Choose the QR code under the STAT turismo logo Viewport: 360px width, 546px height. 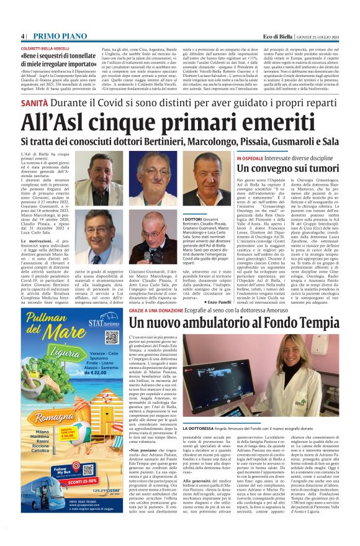coord(111,337)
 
